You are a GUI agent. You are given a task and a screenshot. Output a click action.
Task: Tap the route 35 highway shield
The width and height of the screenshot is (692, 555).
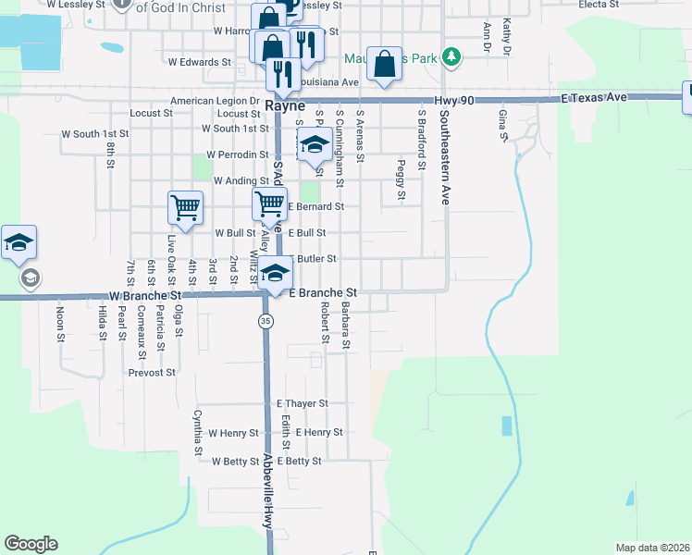click(266, 321)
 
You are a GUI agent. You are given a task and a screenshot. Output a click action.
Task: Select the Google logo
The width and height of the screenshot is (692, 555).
click(31, 544)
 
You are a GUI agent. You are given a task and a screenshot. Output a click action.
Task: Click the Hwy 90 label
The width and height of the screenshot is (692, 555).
click(457, 97)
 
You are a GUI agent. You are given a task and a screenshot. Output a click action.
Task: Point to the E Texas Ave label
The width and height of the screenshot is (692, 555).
click(594, 97)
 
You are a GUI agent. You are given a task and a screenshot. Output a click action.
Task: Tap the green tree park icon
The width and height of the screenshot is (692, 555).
click(451, 58)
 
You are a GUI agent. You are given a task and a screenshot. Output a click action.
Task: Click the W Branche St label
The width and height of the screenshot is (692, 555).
click(142, 295)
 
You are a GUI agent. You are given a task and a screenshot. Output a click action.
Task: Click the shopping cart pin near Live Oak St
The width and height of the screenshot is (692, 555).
click(185, 208)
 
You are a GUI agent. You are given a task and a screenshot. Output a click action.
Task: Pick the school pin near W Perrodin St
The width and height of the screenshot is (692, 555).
click(315, 144)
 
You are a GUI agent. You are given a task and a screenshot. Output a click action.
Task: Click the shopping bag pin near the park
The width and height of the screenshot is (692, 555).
click(385, 64)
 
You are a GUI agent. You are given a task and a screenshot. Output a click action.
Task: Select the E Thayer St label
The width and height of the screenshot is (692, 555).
click(303, 403)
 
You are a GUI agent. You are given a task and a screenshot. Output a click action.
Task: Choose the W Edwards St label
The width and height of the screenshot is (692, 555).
click(199, 62)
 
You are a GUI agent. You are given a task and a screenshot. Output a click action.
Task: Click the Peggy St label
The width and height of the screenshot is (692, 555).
click(401, 179)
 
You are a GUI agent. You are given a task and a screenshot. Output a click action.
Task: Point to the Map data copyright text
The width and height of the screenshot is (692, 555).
click(652, 547)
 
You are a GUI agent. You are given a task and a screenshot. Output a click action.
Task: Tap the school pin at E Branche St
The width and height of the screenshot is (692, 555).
click(275, 273)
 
